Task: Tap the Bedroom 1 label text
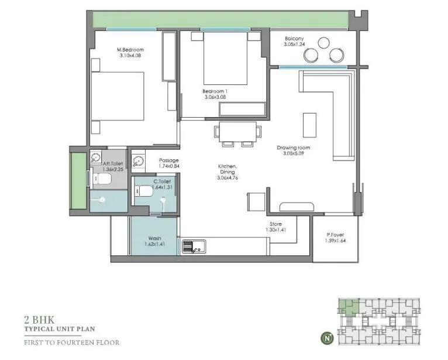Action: [215, 91]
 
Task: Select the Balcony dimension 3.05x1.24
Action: [295, 44]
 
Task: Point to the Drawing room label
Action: [294, 148]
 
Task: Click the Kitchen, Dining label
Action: [226, 169]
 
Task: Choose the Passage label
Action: [169, 160]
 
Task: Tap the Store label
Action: [276, 224]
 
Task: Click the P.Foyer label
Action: [336, 235]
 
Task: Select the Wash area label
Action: [154, 238]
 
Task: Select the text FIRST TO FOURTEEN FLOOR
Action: [71, 342]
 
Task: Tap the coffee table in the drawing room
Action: [309, 124]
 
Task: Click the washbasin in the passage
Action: [139, 161]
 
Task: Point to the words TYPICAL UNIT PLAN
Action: [59, 330]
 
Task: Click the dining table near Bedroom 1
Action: [235, 131]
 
